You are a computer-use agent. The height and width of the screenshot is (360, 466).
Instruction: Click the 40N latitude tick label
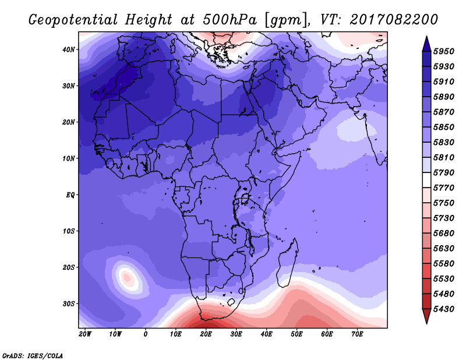pyautogui.click(x=69, y=50)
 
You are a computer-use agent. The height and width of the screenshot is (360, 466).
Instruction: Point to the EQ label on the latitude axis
pyautogui.click(x=70, y=195)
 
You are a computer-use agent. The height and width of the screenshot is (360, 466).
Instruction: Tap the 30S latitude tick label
pyautogui.click(x=69, y=304)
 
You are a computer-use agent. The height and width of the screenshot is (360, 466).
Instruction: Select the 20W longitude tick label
pyautogui.click(x=85, y=334)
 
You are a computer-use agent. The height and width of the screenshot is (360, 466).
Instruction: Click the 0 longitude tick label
pyautogui.click(x=145, y=334)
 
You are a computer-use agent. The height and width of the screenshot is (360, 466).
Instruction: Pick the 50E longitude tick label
pyautogui.click(x=296, y=334)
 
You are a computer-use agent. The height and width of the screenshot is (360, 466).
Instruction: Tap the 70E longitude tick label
pyautogui.click(x=357, y=334)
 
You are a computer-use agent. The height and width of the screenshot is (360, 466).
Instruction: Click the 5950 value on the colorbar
pyautogui.click(x=444, y=51)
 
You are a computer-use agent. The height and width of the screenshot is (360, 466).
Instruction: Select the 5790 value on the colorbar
pyautogui.click(x=444, y=172)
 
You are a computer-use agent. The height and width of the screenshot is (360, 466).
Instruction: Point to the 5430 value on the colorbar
pyautogui.click(x=444, y=309)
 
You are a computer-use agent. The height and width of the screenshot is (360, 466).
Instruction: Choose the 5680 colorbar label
pyautogui.click(x=444, y=234)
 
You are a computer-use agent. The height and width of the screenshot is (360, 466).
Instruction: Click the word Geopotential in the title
pyautogui.click(x=73, y=20)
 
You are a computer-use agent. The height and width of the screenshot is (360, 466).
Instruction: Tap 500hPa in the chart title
pyautogui.click(x=230, y=20)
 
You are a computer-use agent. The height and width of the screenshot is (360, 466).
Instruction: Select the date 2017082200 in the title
pyautogui.click(x=394, y=20)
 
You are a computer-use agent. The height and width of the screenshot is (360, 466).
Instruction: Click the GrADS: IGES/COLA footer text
pyautogui.click(x=33, y=356)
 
